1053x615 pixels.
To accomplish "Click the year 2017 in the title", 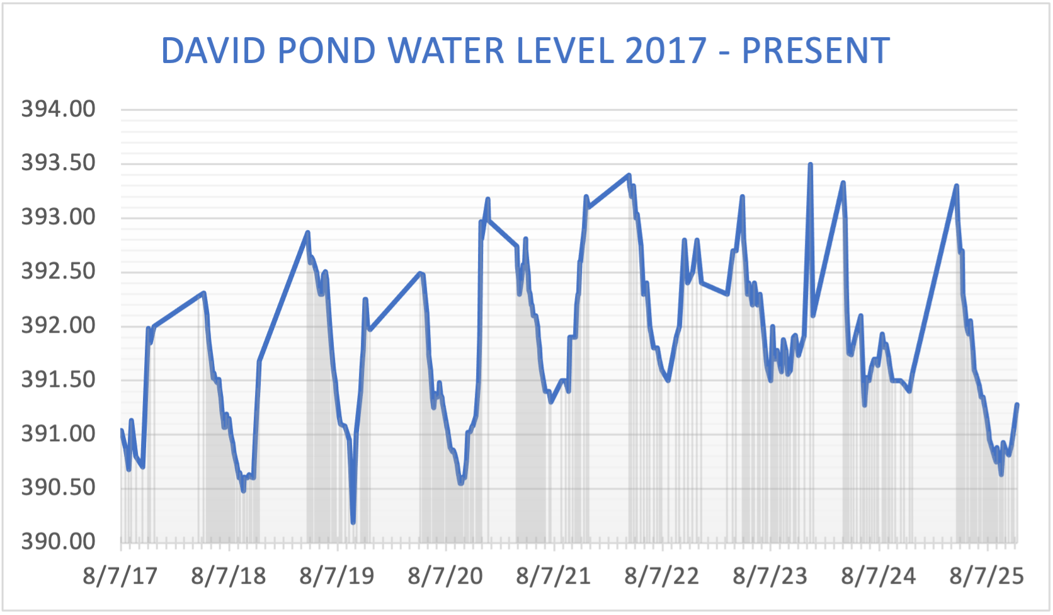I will [x=666, y=51].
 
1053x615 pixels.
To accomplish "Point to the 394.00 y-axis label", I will [x=58, y=109].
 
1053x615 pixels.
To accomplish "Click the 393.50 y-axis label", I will [x=58, y=163].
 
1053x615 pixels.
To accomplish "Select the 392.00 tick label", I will [x=58, y=325].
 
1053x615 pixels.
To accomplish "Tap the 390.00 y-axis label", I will [x=58, y=541].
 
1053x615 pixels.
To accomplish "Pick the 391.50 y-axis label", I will [x=58, y=379].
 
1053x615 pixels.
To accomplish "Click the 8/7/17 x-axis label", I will [x=120, y=576].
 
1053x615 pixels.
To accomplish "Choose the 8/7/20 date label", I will [x=445, y=576].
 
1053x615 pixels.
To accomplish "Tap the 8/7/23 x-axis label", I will [x=770, y=576].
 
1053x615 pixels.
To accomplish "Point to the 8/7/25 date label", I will [x=986, y=576].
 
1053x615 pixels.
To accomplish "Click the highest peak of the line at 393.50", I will [x=811, y=164].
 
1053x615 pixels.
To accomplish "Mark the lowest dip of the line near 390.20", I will [x=353, y=522].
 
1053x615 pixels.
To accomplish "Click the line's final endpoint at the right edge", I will [x=1017, y=405].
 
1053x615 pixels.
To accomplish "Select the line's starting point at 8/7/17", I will [x=121, y=430].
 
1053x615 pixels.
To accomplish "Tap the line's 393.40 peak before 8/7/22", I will [x=629, y=175].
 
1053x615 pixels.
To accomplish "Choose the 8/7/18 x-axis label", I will [x=229, y=576].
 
